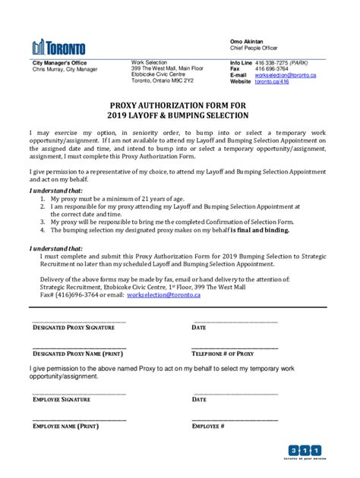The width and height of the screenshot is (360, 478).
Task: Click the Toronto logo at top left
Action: click(58, 46)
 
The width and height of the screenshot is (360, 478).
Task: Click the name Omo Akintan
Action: click(248, 39)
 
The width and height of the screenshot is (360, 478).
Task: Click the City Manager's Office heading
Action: click(59, 62)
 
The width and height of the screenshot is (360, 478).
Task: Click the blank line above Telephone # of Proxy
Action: click(235, 347)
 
